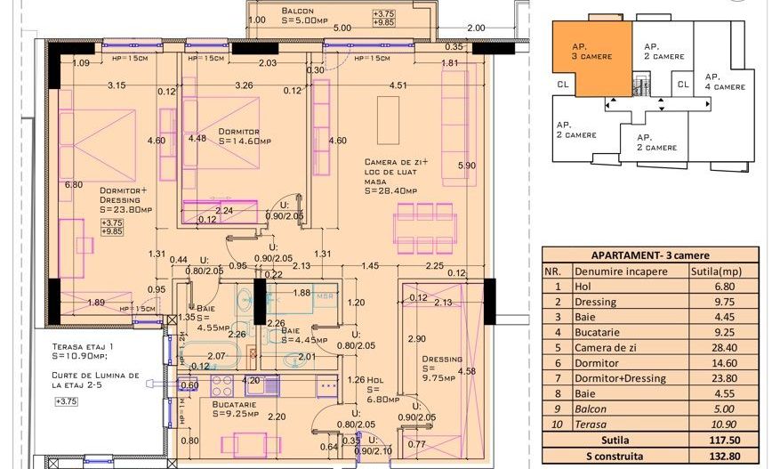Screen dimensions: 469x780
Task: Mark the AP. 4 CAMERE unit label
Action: point(725,82)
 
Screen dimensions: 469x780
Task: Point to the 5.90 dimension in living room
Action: point(466,166)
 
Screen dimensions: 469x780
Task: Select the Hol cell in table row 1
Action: point(583,287)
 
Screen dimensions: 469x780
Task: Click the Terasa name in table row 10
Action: point(591,423)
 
